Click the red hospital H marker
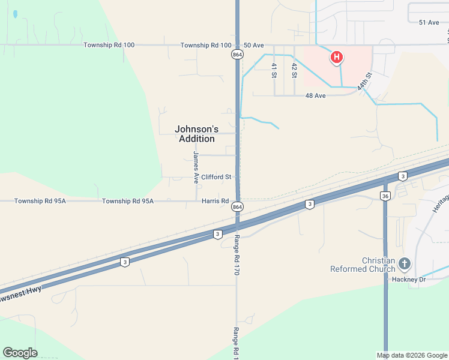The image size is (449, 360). click(x=337, y=58)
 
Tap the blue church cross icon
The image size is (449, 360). click(x=405, y=263)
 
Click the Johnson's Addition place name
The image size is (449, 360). click(x=196, y=134)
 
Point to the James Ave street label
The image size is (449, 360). click(x=196, y=166)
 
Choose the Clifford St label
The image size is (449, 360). click(x=216, y=177)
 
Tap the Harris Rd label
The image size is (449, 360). click(x=215, y=201)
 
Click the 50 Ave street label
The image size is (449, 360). click(x=253, y=45)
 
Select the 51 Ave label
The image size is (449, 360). click(x=429, y=22)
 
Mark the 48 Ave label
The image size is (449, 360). click(x=315, y=95)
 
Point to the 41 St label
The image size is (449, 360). click(x=274, y=71)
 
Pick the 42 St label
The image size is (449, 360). click(x=294, y=71)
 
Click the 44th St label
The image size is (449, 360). click(x=364, y=82)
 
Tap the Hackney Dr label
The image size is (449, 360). click(x=409, y=280)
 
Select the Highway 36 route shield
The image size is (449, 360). click(x=385, y=196)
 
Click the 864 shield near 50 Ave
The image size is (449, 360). click(x=237, y=54)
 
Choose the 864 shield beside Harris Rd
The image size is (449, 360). click(x=237, y=206)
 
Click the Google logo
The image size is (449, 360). click(x=20, y=353)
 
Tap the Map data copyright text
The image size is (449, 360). click(x=412, y=355)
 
